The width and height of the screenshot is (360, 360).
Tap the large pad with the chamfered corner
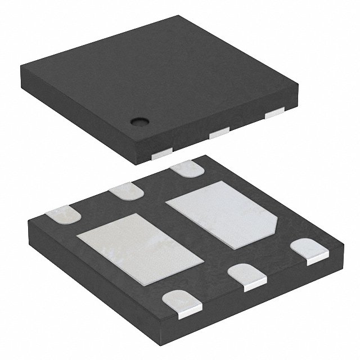pos(225,215)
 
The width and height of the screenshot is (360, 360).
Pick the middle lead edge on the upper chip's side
pos(218,133)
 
